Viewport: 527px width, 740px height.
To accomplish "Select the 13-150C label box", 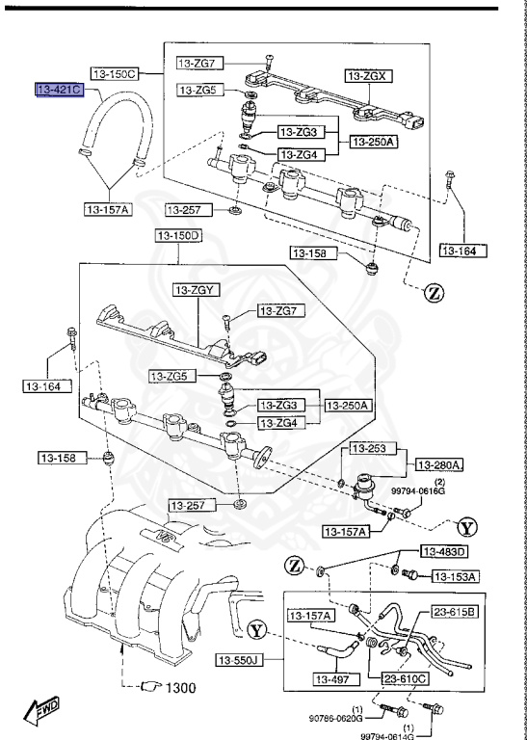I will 115,72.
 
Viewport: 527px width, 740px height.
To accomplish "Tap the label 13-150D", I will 177,235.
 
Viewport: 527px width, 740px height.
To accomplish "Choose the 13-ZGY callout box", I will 198,288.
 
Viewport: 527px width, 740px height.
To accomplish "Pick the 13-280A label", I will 438,464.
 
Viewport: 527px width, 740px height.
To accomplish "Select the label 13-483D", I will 442,551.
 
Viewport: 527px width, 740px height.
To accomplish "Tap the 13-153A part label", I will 456,576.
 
